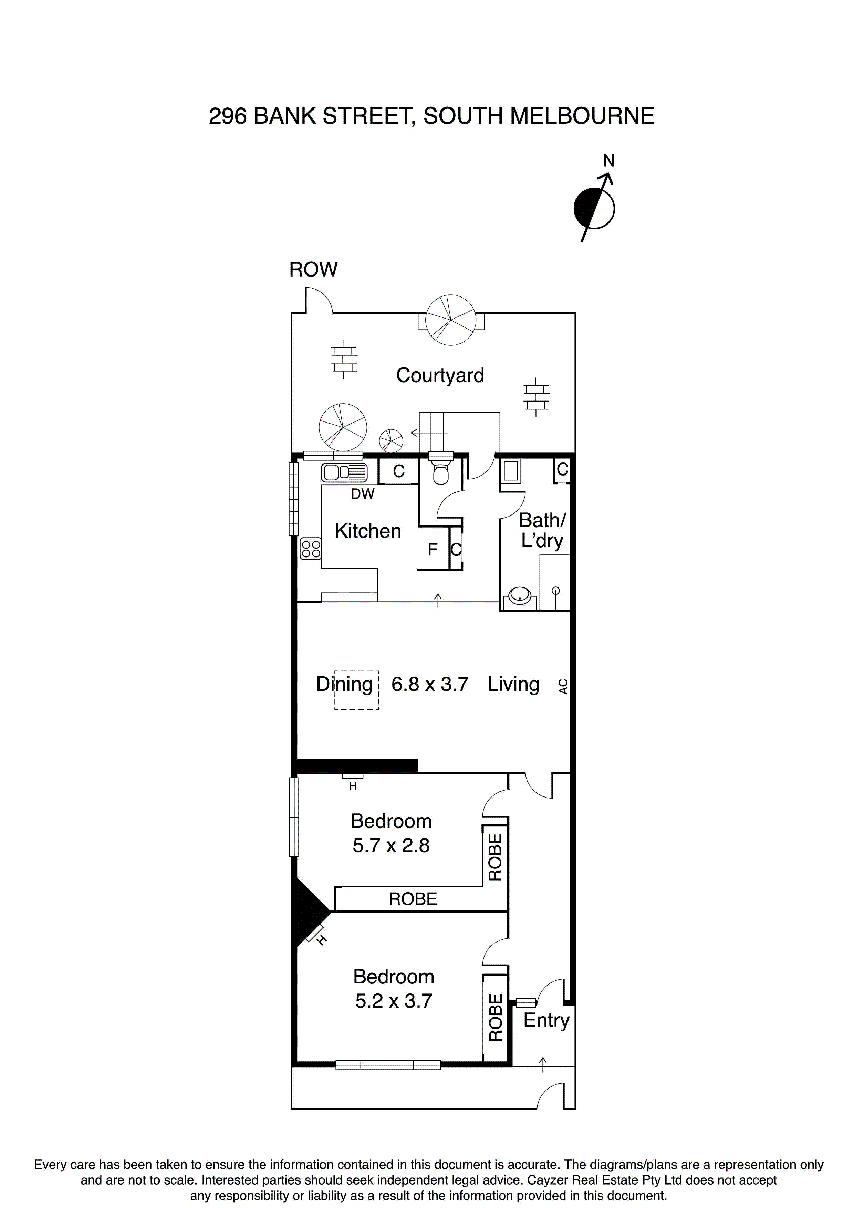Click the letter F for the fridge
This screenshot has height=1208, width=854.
point(432,550)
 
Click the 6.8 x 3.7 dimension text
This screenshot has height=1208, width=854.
point(430,684)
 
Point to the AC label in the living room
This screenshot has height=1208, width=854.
point(563,686)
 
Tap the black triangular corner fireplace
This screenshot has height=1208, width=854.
point(308,910)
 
